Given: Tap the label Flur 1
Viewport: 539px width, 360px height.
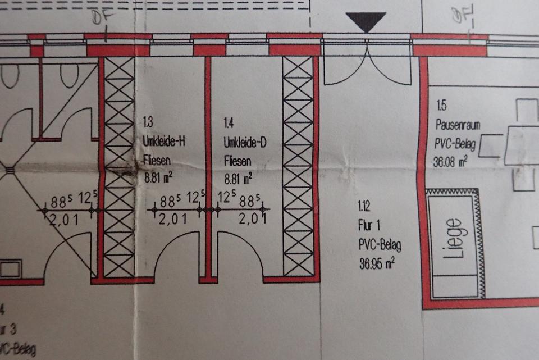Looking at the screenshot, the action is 371,226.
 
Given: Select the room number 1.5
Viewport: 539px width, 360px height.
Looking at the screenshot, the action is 441,106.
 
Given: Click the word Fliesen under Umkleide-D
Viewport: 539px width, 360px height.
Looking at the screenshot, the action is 236,161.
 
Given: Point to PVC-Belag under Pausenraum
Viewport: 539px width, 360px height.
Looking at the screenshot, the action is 455,145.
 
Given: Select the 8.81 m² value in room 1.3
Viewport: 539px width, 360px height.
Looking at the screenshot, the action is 158,179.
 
